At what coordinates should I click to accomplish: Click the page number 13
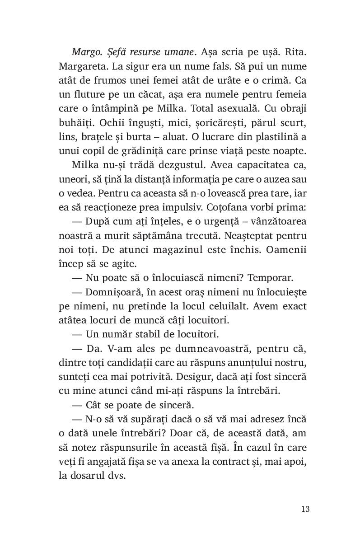(305, 509)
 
